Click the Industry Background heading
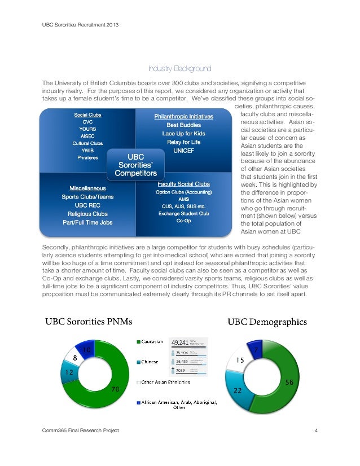pyautogui.click(x=179, y=69)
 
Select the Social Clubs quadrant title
pyautogui.click(x=87, y=115)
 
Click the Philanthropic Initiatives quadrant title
pyautogui.click(x=184, y=116)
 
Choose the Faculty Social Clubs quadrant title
pyautogui.click(x=183, y=184)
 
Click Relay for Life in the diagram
pyautogui.click(x=185, y=142)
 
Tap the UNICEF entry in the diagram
pyautogui.click(x=185, y=151)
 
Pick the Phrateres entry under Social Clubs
pyautogui.click(x=87, y=157)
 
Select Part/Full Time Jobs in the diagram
pyautogui.click(x=87, y=222)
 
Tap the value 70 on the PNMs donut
pyautogui.click(x=114, y=389)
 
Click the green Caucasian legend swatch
pyautogui.click(x=138, y=341)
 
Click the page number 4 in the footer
pyautogui.click(x=317, y=432)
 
